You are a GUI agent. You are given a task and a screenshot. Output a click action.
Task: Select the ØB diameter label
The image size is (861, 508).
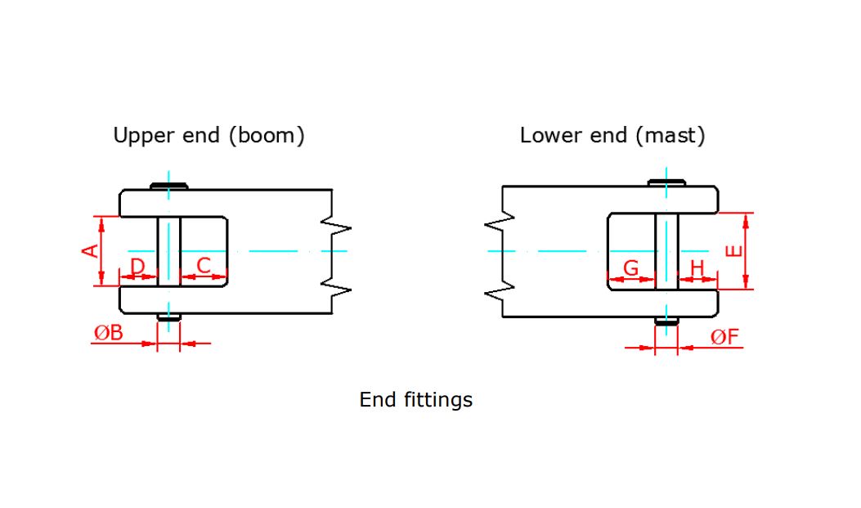point(108,333)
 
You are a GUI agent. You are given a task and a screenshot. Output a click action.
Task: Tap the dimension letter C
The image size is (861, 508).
point(204,265)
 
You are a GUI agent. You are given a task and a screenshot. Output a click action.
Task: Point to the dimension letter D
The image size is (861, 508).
point(138,266)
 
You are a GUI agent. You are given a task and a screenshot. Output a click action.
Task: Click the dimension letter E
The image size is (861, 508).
point(734,250)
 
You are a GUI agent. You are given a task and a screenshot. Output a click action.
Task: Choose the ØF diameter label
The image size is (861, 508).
point(724,337)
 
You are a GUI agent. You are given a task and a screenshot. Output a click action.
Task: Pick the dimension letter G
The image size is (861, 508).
point(631,268)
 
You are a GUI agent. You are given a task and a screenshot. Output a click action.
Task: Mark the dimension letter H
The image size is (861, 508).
point(697,268)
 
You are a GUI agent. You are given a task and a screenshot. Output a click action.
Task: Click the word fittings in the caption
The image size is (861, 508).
point(438,400)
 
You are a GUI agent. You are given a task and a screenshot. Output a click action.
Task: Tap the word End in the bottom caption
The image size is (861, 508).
point(377,400)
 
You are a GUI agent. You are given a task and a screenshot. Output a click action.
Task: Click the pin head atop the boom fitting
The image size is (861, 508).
point(169,186)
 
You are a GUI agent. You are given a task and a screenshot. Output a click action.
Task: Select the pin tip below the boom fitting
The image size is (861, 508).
point(169,317)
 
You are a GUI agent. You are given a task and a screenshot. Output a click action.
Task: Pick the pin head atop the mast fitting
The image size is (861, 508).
point(667,182)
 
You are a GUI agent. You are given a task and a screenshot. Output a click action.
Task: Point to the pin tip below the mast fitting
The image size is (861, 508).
point(667,321)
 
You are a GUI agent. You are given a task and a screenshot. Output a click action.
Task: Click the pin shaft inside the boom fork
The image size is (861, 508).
point(169,251)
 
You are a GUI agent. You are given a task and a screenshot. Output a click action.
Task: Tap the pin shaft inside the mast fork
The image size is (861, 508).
point(667,251)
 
